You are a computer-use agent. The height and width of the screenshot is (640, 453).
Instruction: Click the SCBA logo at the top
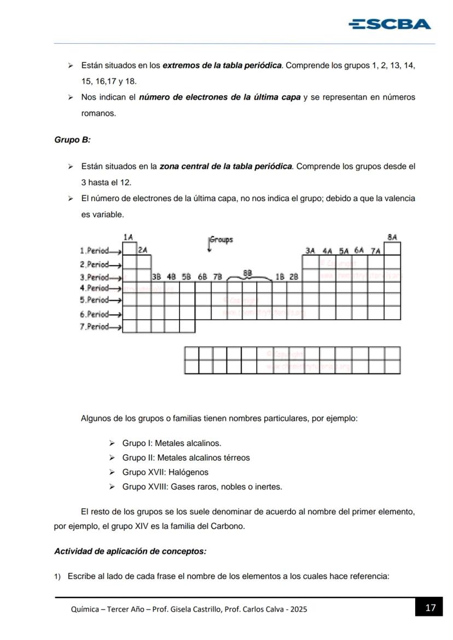390,24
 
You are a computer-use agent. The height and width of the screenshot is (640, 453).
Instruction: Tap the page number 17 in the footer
430,608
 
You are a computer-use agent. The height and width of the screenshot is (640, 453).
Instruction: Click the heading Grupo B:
72,140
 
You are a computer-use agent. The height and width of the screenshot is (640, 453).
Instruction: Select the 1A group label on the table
128,237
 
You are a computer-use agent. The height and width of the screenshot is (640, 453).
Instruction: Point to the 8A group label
392,237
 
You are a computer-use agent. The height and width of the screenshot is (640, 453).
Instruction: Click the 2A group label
143,250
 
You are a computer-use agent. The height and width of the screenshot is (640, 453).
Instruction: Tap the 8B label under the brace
248,272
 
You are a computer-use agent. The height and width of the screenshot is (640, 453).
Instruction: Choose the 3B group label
156,277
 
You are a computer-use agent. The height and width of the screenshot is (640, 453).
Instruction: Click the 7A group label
375,250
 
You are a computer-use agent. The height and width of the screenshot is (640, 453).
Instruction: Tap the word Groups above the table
222,240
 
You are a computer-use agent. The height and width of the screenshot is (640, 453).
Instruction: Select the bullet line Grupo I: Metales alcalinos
171,443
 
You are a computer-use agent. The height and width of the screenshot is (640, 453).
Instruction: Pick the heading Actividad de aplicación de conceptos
130,551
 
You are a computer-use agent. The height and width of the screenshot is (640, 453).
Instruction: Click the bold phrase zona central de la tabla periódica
226,166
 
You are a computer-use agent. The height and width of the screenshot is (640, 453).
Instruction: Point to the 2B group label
294,277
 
